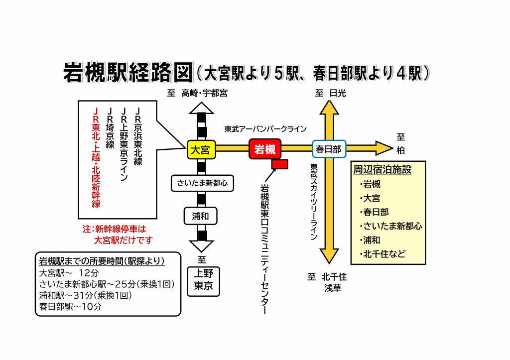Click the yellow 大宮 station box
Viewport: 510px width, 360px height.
click(x=201, y=149)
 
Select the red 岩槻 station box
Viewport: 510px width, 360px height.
click(x=265, y=149)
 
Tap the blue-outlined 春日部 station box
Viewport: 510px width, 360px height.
click(x=329, y=149)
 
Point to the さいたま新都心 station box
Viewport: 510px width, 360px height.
click(x=202, y=183)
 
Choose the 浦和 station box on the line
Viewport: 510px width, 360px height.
click(x=202, y=216)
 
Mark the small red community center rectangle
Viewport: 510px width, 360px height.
click(x=280, y=164)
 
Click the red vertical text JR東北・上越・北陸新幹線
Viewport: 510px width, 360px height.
click(x=96, y=157)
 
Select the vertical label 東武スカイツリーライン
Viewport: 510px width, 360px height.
click(x=314, y=202)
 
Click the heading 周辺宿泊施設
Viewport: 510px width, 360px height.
click(x=382, y=169)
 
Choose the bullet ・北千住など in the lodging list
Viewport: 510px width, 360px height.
click(x=384, y=254)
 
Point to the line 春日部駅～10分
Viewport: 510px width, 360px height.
click(x=70, y=307)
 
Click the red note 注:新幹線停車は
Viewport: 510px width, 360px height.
click(x=115, y=230)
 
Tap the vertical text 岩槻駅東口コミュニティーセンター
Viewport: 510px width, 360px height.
click(x=265, y=249)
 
